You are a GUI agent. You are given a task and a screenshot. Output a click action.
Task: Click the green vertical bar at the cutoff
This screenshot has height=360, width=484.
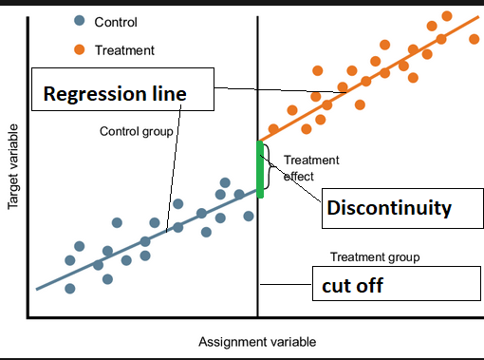pyautogui.click(x=259, y=169)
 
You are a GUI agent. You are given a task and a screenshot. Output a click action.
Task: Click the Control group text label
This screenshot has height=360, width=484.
pyautogui.click(x=136, y=131)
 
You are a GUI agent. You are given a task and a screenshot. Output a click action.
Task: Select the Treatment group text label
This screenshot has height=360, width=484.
pyautogui.click(x=375, y=257)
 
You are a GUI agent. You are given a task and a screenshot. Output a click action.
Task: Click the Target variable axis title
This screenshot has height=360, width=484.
pyautogui.click(x=14, y=166)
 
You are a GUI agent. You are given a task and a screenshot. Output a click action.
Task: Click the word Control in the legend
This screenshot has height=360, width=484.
pyautogui.click(x=117, y=21)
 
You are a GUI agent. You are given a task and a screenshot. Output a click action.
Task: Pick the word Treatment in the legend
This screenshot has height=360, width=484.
pyautogui.click(x=124, y=49)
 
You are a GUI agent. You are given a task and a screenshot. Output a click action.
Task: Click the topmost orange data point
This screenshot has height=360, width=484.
pyautogui.click(x=447, y=16)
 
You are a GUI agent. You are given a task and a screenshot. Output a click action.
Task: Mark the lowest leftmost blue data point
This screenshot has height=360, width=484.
pyautogui.click(x=69, y=288)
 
